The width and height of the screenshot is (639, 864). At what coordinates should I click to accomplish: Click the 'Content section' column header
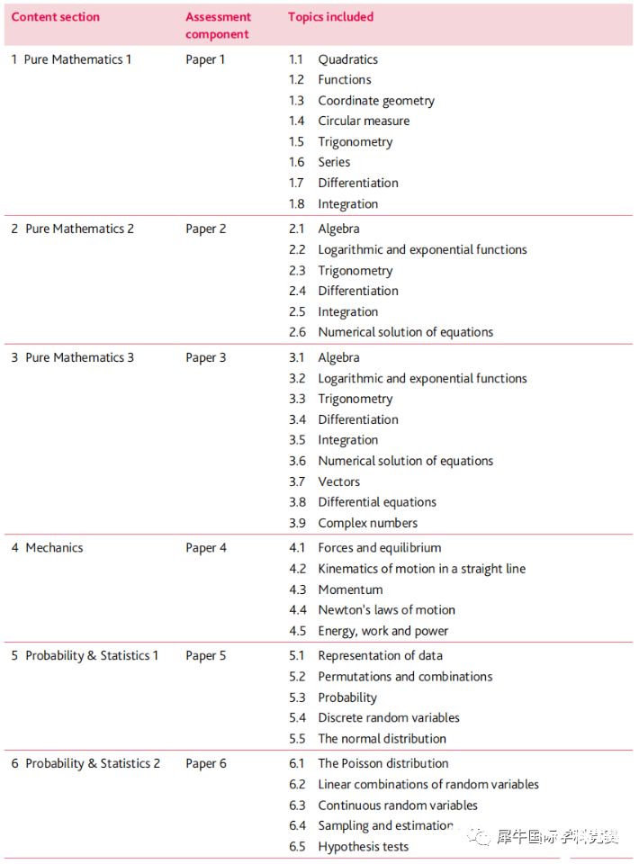pyautogui.click(x=55, y=17)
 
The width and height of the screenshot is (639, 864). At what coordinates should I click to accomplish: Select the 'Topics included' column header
pyautogui.click(x=330, y=17)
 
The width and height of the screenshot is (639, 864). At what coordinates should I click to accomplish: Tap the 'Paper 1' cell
pyautogui.click(x=205, y=59)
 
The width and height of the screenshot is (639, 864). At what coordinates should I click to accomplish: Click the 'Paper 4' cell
pyautogui.click(x=206, y=547)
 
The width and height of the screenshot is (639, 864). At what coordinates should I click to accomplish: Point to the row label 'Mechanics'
pyautogui.click(x=54, y=547)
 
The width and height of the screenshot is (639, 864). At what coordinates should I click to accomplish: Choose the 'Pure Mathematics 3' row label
pyautogui.click(x=79, y=357)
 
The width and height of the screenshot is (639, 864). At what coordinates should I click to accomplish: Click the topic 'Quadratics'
pyautogui.click(x=347, y=59)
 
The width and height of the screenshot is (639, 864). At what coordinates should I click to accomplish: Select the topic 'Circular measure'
pyautogui.click(x=364, y=121)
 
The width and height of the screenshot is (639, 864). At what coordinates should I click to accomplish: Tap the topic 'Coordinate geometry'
pyautogui.click(x=376, y=101)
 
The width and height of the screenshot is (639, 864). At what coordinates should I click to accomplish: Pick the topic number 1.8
pyautogui.click(x=296, y=204)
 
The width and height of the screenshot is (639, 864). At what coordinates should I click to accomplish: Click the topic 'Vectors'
pyautogui.click(x=338, y=481)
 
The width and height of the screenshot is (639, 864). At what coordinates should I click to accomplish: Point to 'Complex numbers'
pyautogui.click(x=367, y=523)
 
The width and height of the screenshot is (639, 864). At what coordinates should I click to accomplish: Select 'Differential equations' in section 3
pyautogui.click(x=377, y=502)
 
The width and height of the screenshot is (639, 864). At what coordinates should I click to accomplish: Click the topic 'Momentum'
pyautogui.click(x=350, y=589)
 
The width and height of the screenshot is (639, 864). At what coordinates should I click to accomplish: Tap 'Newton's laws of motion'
pyautogui.click(x=386, y=610)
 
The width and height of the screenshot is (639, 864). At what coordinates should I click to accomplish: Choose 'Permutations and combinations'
pyautogui.click(x=405, y=677)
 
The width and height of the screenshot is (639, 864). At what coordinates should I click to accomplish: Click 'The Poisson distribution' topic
pyautogui.click(x=382, y=763)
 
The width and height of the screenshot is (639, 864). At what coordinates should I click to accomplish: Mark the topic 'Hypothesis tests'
pyautogui.click(x=363, y=847)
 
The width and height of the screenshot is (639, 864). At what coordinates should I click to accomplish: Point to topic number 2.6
pyautogui.click(x=297, y=332)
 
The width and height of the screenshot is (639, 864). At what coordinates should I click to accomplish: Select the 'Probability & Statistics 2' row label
pyautogui.click(x=93, y=763)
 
